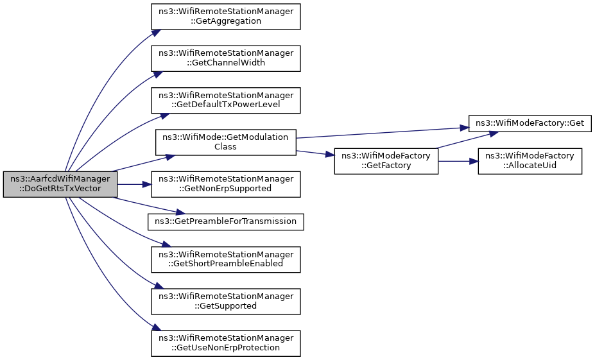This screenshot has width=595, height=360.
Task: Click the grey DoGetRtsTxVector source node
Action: tap(60, 184)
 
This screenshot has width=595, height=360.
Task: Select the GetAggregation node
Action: tap(226, 17)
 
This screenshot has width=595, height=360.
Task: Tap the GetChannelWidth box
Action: tap(226, 58)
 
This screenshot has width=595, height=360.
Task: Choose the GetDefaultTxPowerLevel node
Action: tap(226, 101)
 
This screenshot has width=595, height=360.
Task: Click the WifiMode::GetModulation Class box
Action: tap(226, 142)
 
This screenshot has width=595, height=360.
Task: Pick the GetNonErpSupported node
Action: tap(226, 184)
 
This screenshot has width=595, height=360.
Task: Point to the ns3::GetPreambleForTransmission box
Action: tap(226, 222)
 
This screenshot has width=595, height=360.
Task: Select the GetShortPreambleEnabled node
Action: tap(226, 259)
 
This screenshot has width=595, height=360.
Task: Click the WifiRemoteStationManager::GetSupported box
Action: tap(226, 302)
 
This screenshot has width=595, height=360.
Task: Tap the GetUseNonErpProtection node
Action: tap(226, 343)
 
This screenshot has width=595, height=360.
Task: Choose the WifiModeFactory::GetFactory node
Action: tap(386, 161)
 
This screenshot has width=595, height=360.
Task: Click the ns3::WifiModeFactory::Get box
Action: tap(530, 124)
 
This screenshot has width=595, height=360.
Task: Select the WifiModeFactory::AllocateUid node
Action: tap(530, 161)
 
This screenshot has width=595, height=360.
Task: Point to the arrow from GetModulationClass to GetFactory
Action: tap(315, 153)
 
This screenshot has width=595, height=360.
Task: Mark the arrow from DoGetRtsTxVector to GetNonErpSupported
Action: tap(134, 184)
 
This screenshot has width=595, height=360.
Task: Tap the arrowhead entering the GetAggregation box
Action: tap(155, 32)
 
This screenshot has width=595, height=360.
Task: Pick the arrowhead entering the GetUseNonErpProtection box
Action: tap(155, 328)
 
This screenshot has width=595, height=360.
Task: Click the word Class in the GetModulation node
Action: tap(225, 147)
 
